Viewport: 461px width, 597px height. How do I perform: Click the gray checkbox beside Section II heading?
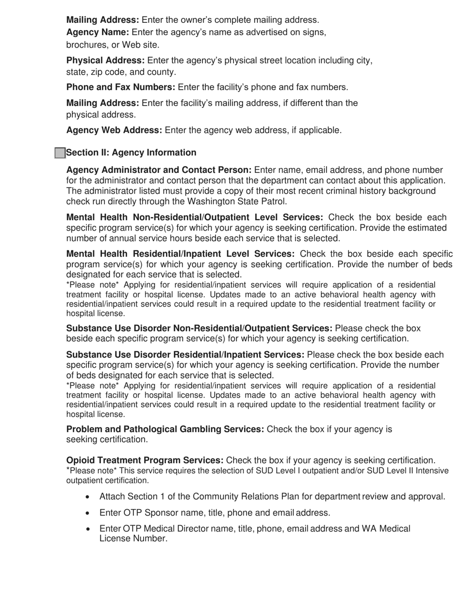60,153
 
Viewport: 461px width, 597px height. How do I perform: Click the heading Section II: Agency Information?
131,153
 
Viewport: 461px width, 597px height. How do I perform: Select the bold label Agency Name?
98,32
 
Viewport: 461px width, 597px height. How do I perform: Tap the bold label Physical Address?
105,61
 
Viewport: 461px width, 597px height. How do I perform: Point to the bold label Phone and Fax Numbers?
121,87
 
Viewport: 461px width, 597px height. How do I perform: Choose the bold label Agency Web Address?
114,130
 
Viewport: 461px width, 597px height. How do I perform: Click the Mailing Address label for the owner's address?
102,20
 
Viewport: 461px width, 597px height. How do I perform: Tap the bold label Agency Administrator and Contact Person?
159,170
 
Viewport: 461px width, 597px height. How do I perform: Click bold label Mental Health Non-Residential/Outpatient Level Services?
195,217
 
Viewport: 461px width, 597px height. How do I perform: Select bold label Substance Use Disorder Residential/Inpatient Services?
185,355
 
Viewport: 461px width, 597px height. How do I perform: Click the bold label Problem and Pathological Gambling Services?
165,429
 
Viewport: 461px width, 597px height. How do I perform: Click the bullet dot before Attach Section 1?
87,497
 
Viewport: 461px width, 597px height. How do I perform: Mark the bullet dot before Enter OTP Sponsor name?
87,513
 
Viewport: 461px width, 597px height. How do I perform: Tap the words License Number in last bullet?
133,539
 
